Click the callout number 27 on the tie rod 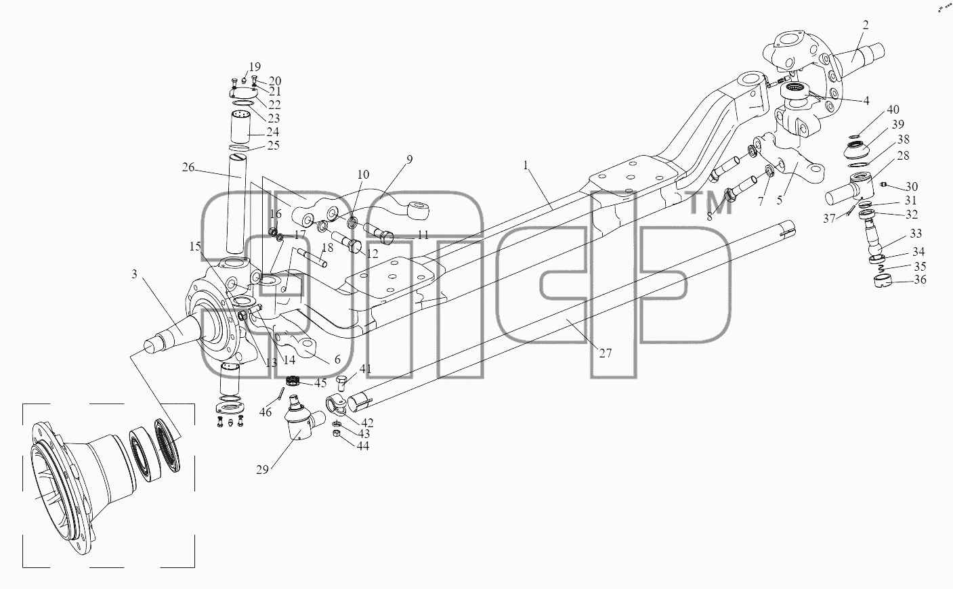[x=606, y=353]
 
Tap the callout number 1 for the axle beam [x=526, y=165]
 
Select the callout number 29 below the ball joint [x=263, y=469]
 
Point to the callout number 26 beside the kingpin [x=188, y=167]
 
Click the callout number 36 [x=920, y=280]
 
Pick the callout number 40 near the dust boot [x=893, y=110]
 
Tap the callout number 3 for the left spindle [x=134, y=274]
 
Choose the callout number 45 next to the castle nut [x=320, y=383]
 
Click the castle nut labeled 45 [x=293, y=380]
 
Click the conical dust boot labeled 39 [x=857, y=153]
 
